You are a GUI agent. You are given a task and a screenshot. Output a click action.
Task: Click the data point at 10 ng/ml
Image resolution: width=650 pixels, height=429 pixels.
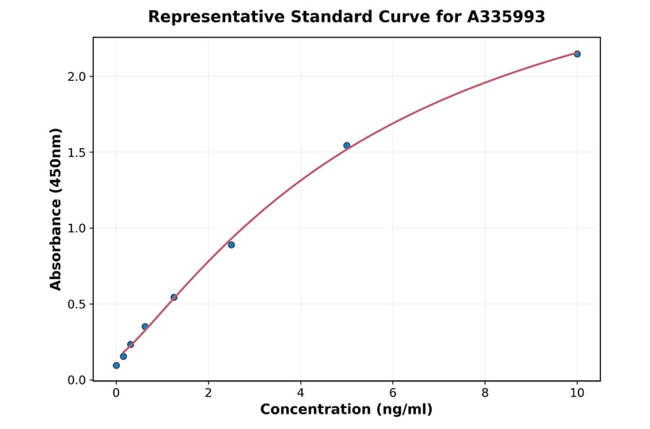click(x=577, y=53)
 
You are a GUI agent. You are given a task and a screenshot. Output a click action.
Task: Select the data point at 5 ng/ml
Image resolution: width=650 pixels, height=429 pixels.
click(x=347, y=145)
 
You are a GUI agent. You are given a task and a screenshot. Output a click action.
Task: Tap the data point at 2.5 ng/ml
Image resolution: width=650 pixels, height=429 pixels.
click(x=231, y=245)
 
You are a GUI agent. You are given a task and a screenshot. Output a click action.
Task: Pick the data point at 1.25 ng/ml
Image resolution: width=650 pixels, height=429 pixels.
click(x=174, y=297)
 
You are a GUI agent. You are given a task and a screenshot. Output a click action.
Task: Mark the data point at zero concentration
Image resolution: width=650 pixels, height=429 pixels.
click(x=116, y=365)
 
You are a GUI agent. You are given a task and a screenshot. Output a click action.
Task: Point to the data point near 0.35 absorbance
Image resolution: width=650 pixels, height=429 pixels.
click(x=145, y=326)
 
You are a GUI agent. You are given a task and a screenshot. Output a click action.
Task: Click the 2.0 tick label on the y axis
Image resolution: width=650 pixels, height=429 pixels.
click(x=76, y=77)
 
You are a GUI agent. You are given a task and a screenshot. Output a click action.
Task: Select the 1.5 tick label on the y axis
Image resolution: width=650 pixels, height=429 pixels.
click(x=76, y=152)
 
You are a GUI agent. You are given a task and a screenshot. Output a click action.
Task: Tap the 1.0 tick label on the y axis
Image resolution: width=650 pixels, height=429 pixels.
click(x=76, y=228)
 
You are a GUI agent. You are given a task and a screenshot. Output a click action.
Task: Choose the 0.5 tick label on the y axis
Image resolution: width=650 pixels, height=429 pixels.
click(x=76, y=304)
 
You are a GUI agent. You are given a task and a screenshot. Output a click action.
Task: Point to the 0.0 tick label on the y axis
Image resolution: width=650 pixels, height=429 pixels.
click(x=76, y=380)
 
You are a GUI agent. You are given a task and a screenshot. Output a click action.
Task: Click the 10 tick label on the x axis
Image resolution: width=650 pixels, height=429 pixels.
click(x=577, y=393)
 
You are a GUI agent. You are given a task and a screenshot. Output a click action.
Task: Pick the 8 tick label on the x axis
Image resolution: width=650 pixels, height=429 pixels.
click(x=485, y=393)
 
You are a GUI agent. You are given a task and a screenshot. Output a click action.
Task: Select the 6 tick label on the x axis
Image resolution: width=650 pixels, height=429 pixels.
click(x=393, y=393)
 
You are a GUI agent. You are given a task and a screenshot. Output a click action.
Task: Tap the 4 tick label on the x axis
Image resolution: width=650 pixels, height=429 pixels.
click(x=300, y=393)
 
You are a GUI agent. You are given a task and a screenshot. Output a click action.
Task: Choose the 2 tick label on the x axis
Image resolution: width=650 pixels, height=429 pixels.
click(x=208, y=393)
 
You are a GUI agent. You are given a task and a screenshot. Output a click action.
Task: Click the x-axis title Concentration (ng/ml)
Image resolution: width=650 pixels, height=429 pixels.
click(x=346, y=409)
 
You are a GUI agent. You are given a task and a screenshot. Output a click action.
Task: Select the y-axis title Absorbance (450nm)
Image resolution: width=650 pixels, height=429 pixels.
click(x=56, y=209)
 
